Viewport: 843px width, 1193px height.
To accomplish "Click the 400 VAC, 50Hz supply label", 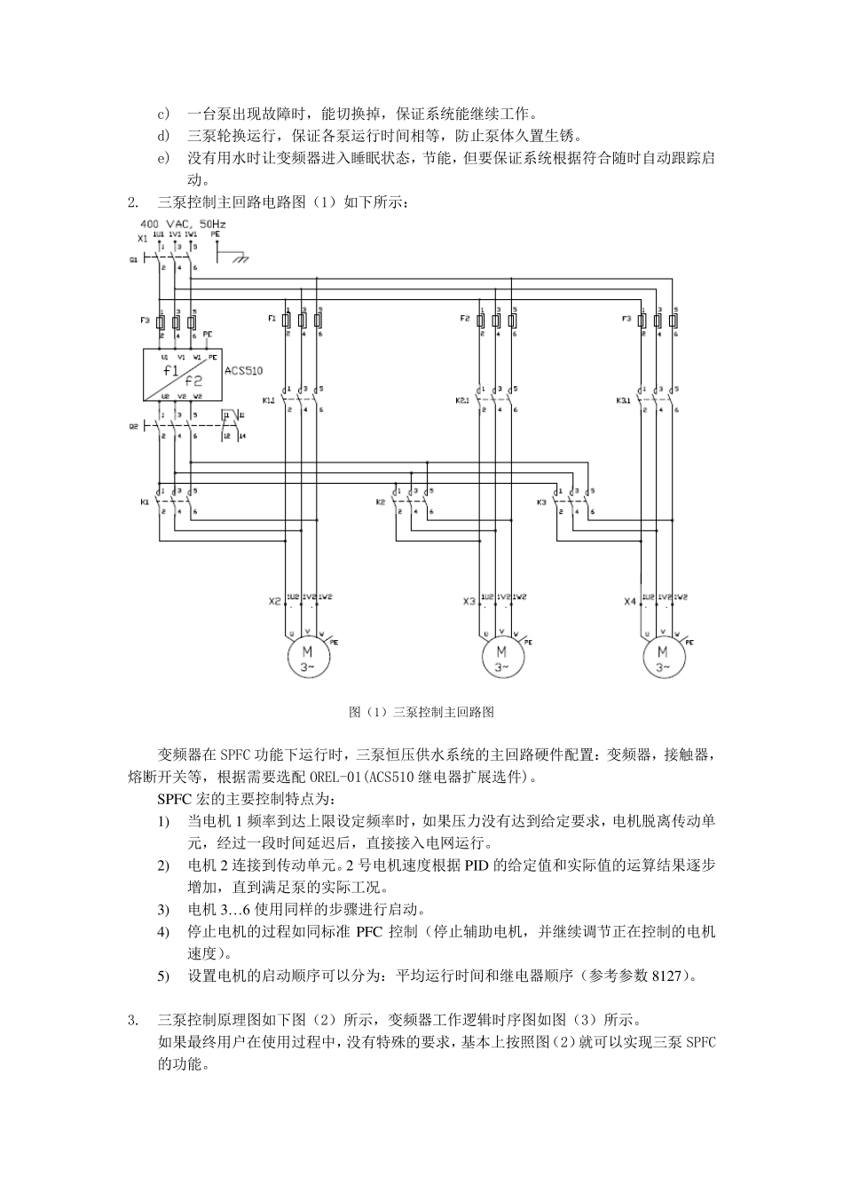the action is pyautogui.click(x=182, y=225).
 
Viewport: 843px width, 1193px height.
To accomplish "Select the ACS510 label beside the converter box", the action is pyautogui.click(x=244, y=371).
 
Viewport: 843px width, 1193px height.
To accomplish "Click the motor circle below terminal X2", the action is pyautogui.click(x=307, y=658).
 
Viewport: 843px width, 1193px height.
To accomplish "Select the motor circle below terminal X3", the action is pyautogui.click(x=501, y=658).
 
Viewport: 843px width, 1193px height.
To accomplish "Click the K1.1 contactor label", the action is pyautogui.click(x=269, y=400).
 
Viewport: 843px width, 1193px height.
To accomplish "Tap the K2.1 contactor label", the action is pyautogui.click(x=461, y=400).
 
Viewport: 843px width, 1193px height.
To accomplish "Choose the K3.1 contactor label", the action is pyautogui.click(x=623, y=400).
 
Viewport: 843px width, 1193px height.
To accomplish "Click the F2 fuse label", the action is pyautogui.click(x=464, y=318).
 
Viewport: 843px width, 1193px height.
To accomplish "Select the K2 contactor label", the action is pyautogui.click(x=381, y=502).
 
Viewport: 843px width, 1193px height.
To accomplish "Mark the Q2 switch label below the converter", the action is pyautogui.click(x=133, y=425).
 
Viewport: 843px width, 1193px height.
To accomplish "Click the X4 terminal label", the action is pyautogui.click(x=629, y=602).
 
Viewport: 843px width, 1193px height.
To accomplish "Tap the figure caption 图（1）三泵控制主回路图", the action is pyautogui.click(x=421, y=712).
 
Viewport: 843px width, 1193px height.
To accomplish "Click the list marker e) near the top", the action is pyautogui.click(x=162, y=159).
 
